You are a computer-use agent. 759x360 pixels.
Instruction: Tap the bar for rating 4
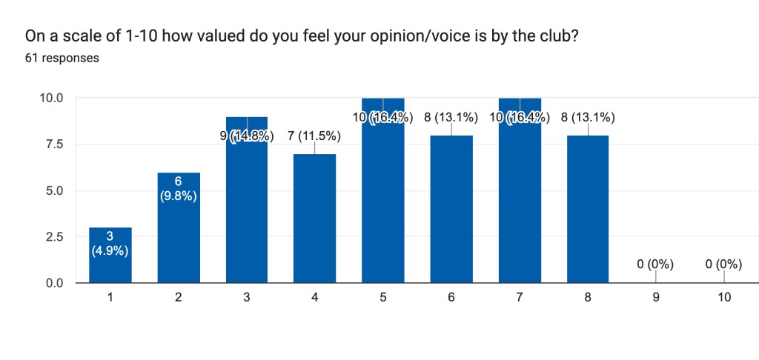click(315, 222)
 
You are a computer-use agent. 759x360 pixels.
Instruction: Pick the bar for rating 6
click(451, 215)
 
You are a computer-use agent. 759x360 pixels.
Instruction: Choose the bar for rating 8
click(588, 215)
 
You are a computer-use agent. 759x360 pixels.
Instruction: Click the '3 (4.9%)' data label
click(110, 243)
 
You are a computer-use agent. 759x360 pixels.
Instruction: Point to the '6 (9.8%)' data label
click(179, 189)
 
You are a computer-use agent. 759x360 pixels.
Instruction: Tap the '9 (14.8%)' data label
click(246, 136)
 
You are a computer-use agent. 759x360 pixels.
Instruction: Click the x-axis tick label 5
click(383, 298)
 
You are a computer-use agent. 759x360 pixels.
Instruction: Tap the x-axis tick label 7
click(520, 298)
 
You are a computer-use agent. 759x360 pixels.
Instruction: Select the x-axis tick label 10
click(724, 298)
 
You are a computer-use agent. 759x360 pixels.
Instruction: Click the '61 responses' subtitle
click(62, 58)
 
